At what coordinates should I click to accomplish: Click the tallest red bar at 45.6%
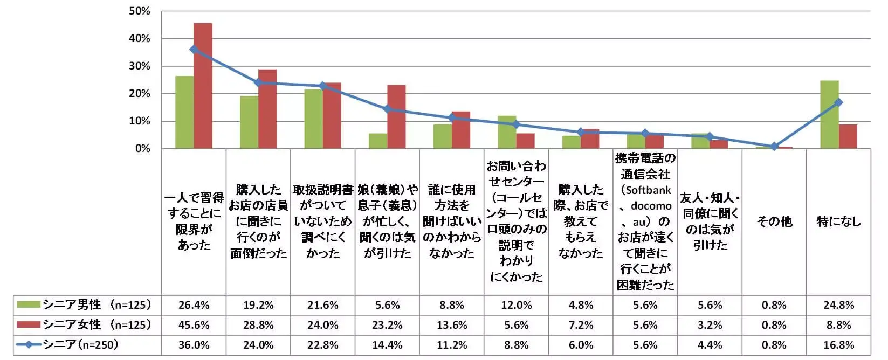pyautogui.click(x=203, y=86)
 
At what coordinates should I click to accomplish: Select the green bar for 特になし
pyautogui.click(x=829, y=115)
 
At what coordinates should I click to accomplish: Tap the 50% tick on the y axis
pyautogui.click(x=140, y=11)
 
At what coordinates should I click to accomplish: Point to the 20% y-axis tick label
pyautogui.click(x=140, y=94)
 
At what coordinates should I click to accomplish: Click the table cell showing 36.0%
pyautogui.click(x=194, y=345)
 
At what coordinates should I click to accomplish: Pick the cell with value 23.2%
pyautogui.click(x=387, y=325)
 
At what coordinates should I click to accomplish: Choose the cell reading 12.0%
pyautogui.click(x=516, y=305)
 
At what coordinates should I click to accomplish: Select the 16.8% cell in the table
pyautogui.click(x=838, y=345)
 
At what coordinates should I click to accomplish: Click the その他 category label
pyautogui.click(x=774, y=221)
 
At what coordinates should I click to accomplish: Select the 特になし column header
pyautogui.click(x=838, y=221)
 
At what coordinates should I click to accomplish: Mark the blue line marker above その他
pyautogui.click(x=774, y=147)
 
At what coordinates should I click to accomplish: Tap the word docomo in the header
pyautogui.click(x=651, y=206)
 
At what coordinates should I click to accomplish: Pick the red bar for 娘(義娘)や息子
pyautogui.click(x=396, y=117)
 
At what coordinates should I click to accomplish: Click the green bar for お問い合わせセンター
pyautogui.click(x=507, y=132)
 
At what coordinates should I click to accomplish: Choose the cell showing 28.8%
pyautogui.click(x=258, y=325)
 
